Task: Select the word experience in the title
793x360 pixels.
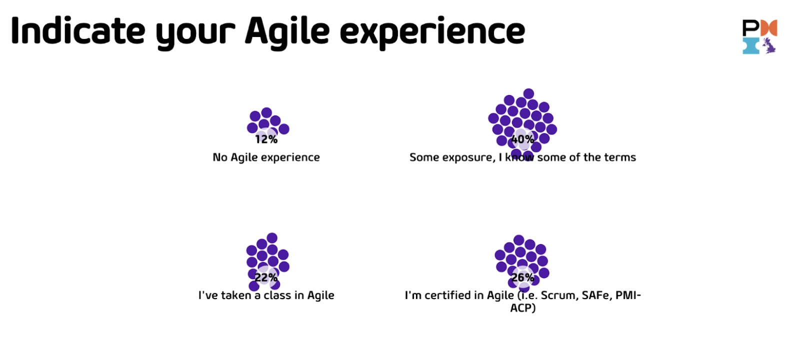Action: click(x=432, y=33)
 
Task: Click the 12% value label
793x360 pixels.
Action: click(x=266, y=139)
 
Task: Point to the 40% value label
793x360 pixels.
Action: click(x=522, y=139)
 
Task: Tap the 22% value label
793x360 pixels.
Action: click(x=266, y=277)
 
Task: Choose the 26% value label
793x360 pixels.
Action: click(x=522, y=277)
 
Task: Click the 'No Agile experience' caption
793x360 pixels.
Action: click(x=266, y=157)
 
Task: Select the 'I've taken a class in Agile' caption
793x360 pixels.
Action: click(x=266, y=295)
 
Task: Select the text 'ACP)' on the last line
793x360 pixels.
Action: click(x=523, y=308)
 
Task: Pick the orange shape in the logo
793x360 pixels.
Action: click(x=768, y=28)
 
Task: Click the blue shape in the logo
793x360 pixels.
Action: click(x=751, y=45)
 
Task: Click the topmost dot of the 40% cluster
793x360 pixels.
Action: click(x=528, y=94)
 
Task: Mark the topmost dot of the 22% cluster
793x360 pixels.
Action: click(x=272, y=238)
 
